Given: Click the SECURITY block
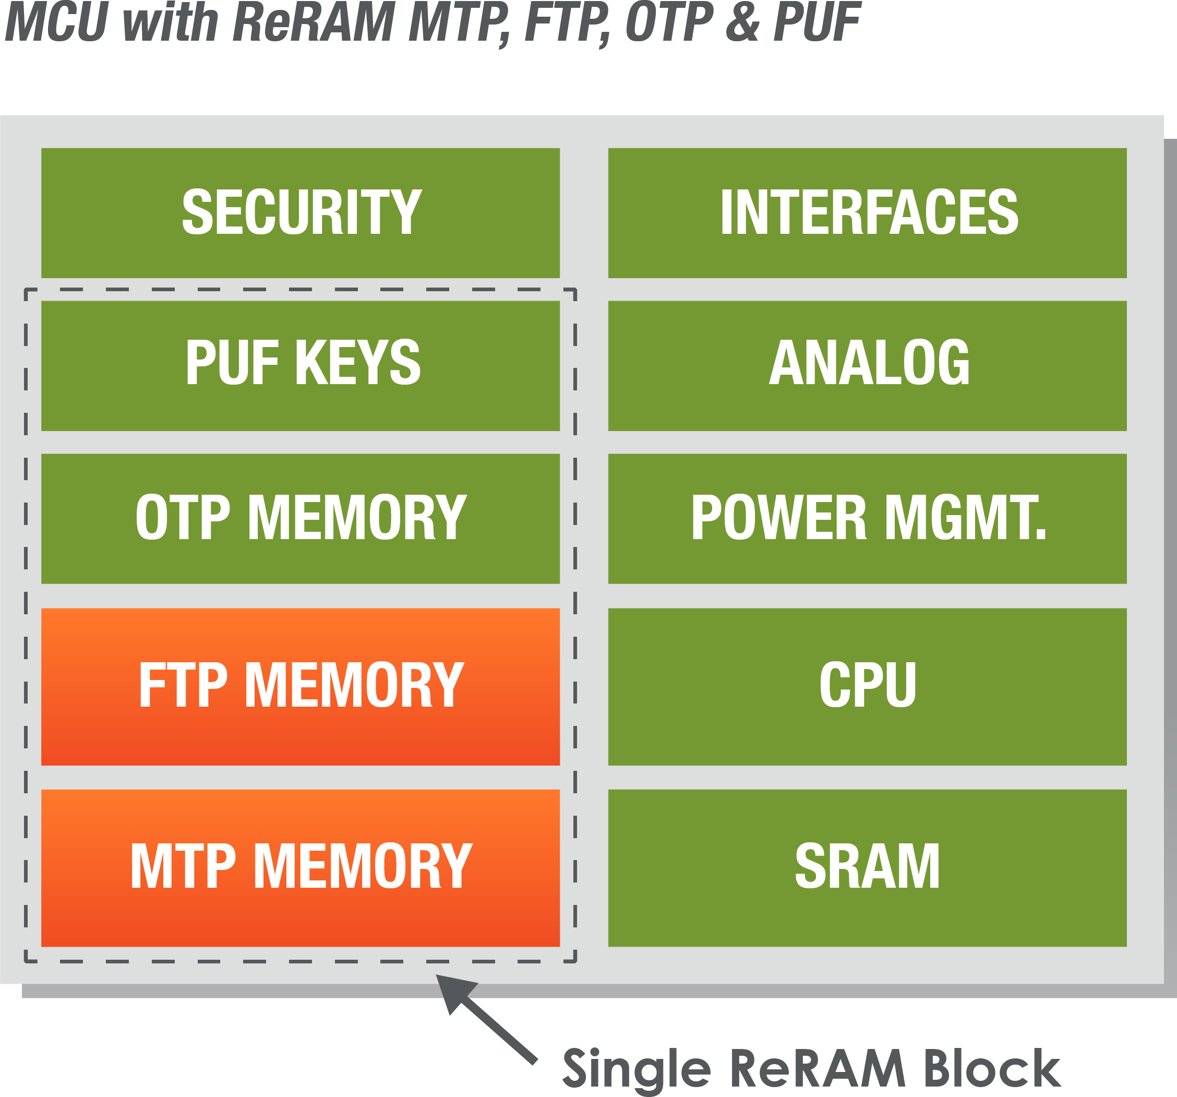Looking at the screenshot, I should tap(300, 212).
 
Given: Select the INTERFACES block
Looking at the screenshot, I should tap(867, 212).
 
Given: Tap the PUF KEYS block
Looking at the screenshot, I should tap(300, 365).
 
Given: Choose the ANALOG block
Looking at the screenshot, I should tap(867, 365).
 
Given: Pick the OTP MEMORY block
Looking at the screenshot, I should tap(300, 518).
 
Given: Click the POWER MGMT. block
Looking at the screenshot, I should tap(867, 518).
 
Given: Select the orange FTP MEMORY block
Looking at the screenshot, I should tap(300, 686).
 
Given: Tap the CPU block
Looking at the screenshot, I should tap(867, 686).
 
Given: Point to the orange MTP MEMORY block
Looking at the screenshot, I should tap(300, 867).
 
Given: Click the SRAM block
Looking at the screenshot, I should tap(867, 867).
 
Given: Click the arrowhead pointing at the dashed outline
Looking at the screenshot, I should tap(453, 992).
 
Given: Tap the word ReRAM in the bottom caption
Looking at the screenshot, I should tap(818, 1069).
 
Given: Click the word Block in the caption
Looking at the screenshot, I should tap(992, 1069).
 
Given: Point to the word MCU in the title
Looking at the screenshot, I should tap(56, 22).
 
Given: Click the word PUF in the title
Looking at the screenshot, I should tap(817, 22).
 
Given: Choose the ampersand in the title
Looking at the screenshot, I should tap(742, 22).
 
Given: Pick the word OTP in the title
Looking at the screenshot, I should tap(669, 22).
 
